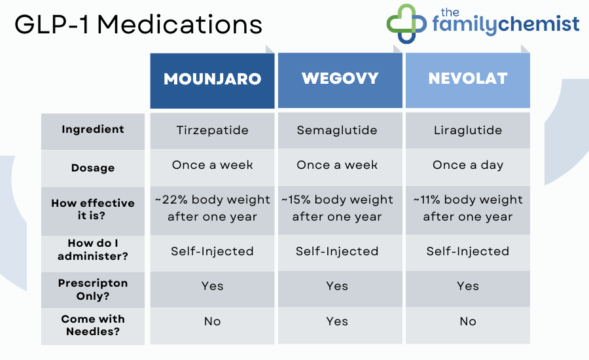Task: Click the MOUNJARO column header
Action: click(212, 80)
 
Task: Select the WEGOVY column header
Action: click(340, 80)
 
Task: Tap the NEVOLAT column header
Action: click(467, 80)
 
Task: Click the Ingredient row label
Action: click(93, 130)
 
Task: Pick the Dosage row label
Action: click(93, 168)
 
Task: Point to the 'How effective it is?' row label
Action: click(93, 209)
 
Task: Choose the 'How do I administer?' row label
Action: click(93, 251)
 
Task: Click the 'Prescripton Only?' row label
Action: click(93, 289)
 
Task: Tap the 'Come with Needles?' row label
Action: click(93, 325)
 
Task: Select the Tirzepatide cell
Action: click(212, 130)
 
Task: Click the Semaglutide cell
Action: click(337, 130)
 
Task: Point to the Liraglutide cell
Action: click(467, 130)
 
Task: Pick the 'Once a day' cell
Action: click(467, 165)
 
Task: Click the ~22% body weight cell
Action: click(212, 208)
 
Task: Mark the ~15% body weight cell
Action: click(337, 208)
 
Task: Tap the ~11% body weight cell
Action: click(467, 208)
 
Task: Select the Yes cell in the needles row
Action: click(337, 321)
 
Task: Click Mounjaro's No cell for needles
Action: click(212, 321)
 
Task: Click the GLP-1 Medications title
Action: click(138, 25)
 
